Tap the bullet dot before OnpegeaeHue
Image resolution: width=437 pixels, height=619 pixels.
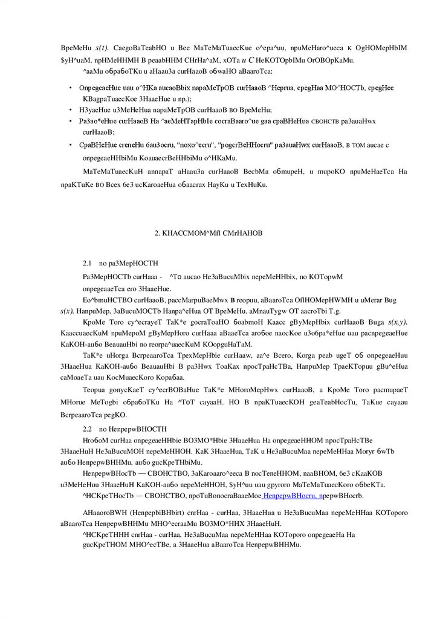pyautogui.click(x=72, y=87)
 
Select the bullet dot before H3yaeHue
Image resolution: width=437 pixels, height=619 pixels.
pyautogui.click(x=72, y=110)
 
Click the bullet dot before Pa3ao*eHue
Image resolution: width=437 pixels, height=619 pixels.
pyautogui.click(x=72, y=121)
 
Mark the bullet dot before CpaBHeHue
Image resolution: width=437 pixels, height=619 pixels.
pyautogui.click(x=72, y=145)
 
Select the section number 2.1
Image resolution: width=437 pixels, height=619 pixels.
pyautogui.click(x=86, y=264)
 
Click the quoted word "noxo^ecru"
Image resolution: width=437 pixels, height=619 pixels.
pyautogui.click(x=190, y=145)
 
